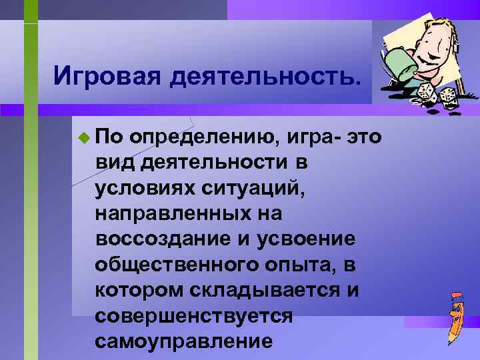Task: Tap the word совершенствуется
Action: tap(193, 315)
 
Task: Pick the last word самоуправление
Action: tap(183, 341)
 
